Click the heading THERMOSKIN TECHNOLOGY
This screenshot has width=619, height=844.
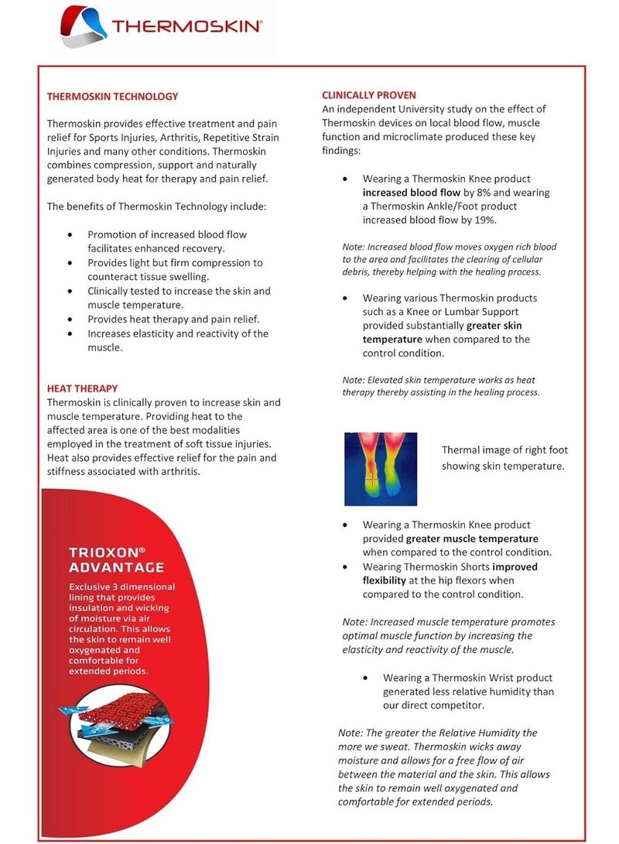112,97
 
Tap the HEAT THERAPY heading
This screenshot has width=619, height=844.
82,388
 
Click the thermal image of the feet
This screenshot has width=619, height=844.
381,469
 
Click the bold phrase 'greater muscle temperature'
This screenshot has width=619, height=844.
472,538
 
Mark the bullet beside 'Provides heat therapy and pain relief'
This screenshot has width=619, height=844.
71,319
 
